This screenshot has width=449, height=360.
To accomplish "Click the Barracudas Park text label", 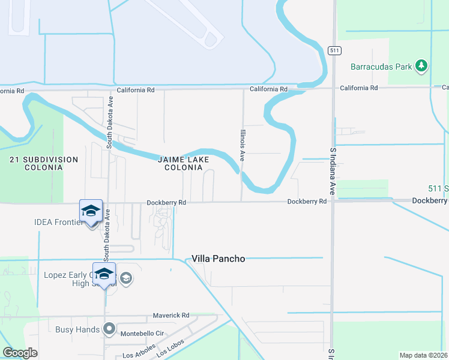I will [x=382, y=67].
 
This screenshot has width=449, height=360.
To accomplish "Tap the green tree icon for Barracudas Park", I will [x=422, y=65].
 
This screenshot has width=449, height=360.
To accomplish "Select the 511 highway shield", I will [x=333, y=50].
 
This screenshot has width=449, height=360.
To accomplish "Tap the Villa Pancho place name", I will [x=218, y=259].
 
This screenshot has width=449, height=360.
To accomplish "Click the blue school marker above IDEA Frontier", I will [x=91, y=211].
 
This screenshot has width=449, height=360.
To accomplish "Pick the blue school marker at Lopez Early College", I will [x=104, y=274].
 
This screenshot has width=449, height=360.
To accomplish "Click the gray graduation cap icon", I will [x=125, y=278].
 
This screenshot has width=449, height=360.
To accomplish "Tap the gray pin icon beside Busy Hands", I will [x=109, y=329].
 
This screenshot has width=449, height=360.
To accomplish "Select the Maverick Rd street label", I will [x=171, y=315].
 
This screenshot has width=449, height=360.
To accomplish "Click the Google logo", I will [x=20, y=353].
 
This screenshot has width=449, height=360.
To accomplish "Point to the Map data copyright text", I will [x=423, y=355].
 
